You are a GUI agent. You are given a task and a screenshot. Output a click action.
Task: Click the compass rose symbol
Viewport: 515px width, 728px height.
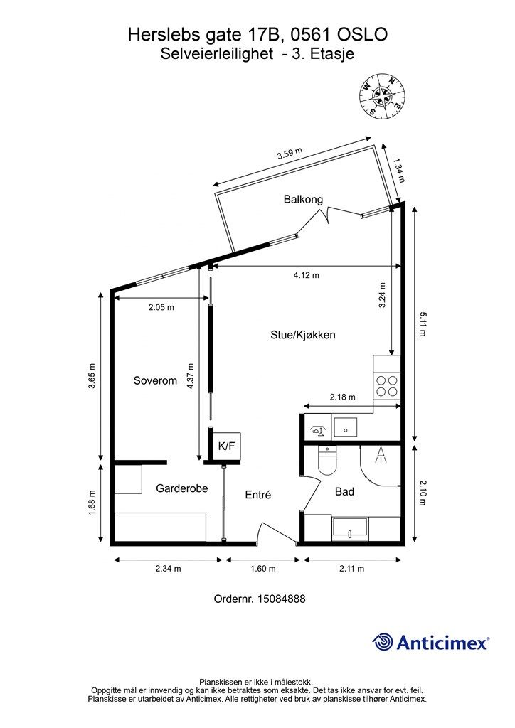tap(382, 95)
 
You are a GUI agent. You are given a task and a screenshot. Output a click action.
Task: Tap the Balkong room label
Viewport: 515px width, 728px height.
tap(303, 199)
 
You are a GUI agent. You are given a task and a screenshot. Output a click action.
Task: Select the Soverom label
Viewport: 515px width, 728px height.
tap(155, 381)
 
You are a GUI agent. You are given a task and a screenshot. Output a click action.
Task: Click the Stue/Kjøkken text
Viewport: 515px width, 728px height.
tap(303, 335)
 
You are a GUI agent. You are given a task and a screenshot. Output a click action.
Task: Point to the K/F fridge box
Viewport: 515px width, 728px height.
tap(226, 446)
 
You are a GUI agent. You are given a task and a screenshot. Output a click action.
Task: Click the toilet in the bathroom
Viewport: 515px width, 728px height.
tap(327, 461)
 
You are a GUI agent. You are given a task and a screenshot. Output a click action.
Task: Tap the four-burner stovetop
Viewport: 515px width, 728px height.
tap(387, 386)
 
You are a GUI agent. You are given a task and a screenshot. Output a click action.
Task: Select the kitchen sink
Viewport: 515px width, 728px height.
tap(344, 427)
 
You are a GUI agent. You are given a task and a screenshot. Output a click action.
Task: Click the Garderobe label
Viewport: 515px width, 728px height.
tap(181, 488)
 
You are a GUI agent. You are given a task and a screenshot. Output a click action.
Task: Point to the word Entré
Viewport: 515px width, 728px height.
tap(257, 495)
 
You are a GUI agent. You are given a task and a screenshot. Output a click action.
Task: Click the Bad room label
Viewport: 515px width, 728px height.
tap(344, 492)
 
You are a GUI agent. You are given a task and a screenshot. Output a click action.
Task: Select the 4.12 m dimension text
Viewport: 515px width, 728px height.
tap(306, 275)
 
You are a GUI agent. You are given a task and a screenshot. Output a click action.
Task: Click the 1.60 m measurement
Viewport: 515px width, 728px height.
tap(262, 569)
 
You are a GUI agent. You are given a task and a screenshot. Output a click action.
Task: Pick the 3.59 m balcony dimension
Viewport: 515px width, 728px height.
tap(290, 154)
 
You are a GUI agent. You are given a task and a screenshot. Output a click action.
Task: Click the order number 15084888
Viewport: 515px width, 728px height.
tap(281, 599)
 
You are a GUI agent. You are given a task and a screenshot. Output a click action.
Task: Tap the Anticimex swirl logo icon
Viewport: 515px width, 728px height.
tap(383, 642)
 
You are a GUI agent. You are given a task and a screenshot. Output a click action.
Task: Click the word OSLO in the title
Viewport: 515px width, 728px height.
tap(362, 35)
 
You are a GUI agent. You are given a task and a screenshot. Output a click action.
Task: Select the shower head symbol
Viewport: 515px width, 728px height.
tap(381, 454)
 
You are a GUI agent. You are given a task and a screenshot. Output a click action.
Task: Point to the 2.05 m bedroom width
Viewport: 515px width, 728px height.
tap(161, 307)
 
